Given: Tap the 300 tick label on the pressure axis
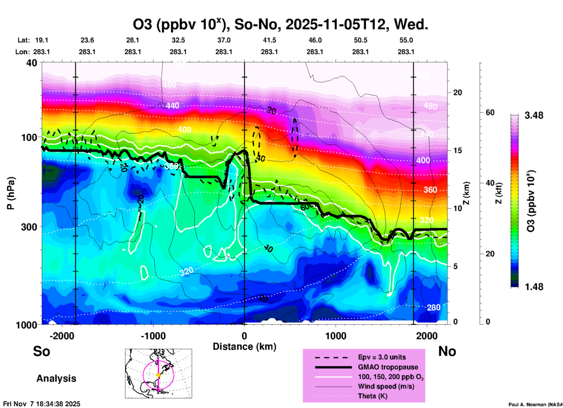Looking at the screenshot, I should (x=29, y=227).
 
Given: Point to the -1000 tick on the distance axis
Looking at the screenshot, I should (x=153, y=336).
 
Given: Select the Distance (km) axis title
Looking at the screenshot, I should (x=244, y=347).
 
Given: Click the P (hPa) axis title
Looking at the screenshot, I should (x=11, y=193).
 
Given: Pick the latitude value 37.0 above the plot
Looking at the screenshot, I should (x=224, y=40).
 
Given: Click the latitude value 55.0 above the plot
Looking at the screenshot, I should (x=406, y=40).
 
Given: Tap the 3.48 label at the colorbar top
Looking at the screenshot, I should (x=534, y=115).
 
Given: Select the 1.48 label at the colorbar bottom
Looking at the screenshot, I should (x=534, y=287).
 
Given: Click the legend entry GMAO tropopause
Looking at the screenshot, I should (x=388, y=367).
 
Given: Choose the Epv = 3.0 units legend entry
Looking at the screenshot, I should (x=382, y=357).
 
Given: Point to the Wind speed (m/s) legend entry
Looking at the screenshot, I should (x=386, y=386).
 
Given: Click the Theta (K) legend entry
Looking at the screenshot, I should (x=372, y=396).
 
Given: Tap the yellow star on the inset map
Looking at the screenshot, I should (x=158, y=375).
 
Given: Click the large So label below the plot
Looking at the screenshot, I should (x=42, y=351).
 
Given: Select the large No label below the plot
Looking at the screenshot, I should (x=447, y=351).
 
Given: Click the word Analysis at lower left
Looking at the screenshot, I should (x=56, y=378).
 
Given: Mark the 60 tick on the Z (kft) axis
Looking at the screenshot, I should (x=490, y=112).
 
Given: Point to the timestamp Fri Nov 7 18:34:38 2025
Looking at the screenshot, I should (x=42, y=404).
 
